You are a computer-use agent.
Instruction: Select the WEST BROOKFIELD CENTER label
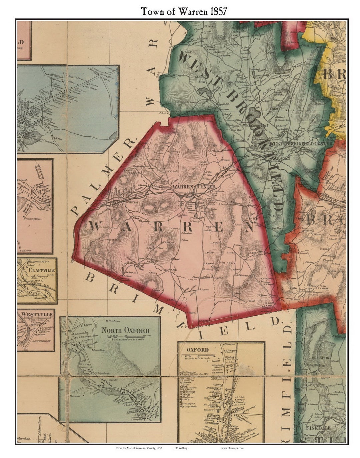click(x=302, y=143)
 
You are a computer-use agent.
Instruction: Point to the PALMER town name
click(x=103, y=177)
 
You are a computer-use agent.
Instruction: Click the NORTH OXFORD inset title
click(x=125, y=330)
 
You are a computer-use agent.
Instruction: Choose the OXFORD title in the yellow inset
click(x=197, y=350)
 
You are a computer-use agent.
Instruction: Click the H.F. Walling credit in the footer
click(x=180, y=448)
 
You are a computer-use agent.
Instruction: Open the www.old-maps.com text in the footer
click(x=232, y=448)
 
